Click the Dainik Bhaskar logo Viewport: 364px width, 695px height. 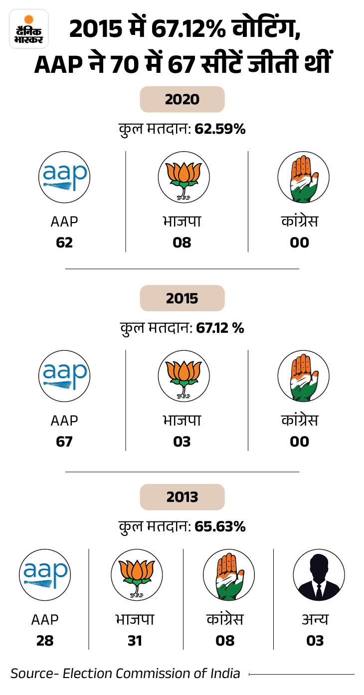(29, 29)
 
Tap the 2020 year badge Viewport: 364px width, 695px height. (182, 99)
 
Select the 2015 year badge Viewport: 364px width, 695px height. (182, 298)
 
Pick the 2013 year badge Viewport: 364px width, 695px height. (182, 497)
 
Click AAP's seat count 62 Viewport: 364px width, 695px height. (64, 242)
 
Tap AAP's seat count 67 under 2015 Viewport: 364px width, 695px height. (64, 442)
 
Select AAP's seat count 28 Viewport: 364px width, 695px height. (45, 641)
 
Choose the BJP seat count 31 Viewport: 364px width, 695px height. (135, 641)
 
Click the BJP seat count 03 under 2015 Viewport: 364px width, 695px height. (182, 442)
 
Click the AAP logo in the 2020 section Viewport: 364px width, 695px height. (64, 177)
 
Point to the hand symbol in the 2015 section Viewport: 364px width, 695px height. (303, 376)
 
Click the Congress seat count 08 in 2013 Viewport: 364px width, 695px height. (225, 641)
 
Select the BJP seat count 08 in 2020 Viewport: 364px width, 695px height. (182, 242)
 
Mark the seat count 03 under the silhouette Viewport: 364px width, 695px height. (315, 641)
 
